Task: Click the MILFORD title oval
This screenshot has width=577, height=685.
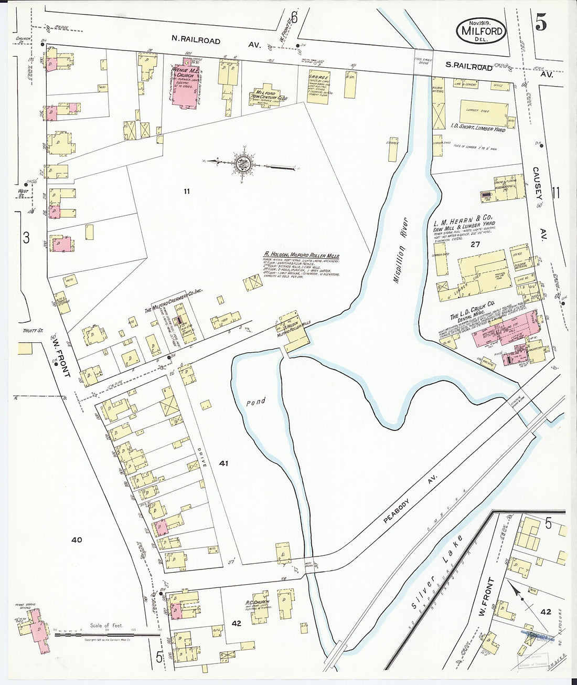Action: click(x=482, y=31)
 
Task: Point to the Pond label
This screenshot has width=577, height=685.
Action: click(x=256, y=403)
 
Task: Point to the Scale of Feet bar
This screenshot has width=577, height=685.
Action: click(x=107, y=635)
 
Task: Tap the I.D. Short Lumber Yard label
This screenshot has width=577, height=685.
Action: click(x=477, y=127)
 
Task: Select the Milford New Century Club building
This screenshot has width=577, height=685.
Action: click(x=268, y=95)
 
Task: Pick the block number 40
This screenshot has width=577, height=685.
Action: click(x=77, y=540)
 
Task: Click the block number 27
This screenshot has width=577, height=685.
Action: click(x=475, y=244)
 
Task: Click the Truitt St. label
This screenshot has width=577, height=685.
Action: click(x=33, y=331)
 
